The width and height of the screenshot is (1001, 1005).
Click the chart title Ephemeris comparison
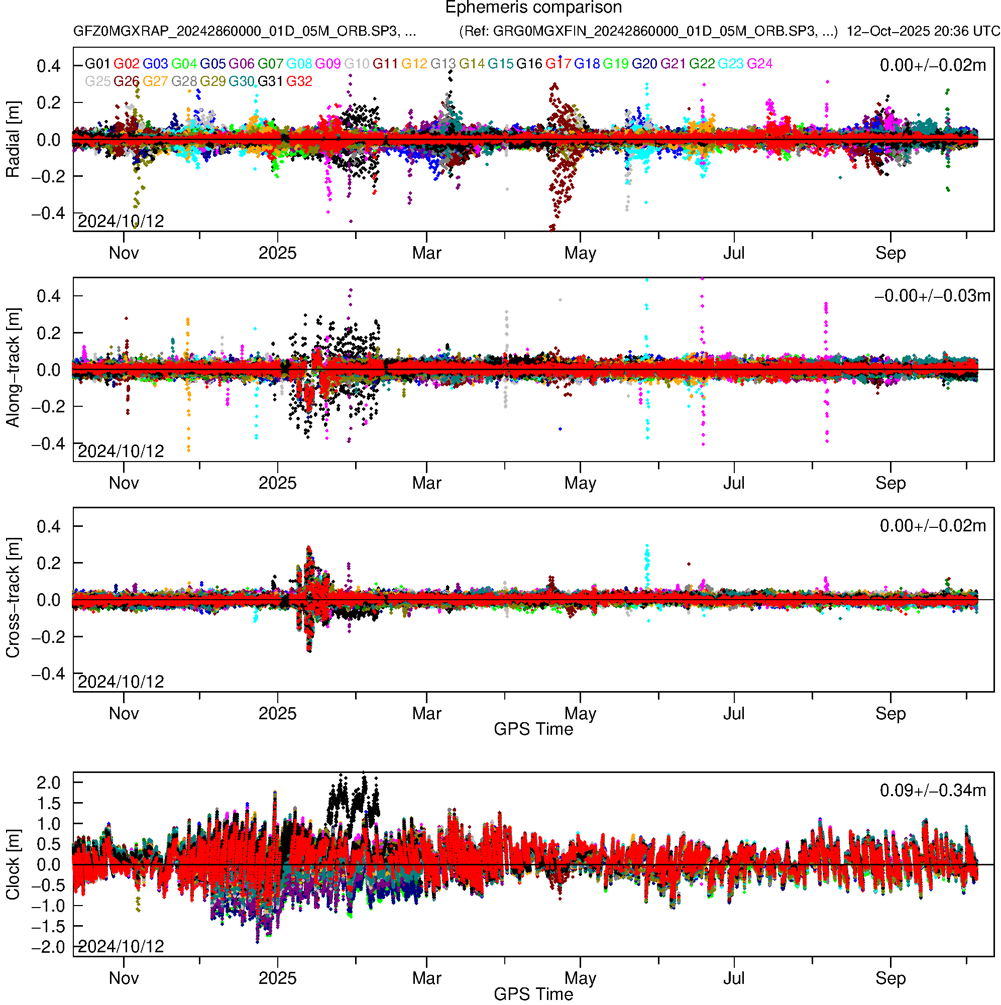tap(533, 8)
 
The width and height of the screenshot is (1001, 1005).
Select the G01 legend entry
tap(97, 64)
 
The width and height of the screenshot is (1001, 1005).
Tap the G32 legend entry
tap(299, 82)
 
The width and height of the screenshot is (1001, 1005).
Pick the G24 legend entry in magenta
tap(759, 64)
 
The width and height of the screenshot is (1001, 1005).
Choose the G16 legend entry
tap(529, 64)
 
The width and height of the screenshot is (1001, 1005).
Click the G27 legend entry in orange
tap(155, 82)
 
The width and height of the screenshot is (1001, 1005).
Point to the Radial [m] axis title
tap(13, 140)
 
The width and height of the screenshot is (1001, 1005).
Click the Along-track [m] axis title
tap(13, 368)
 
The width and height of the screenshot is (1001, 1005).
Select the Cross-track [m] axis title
tap(13, 598)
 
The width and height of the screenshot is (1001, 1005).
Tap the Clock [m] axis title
tap(13, 864)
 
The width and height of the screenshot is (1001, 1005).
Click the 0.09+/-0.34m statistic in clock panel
tap(932, 791)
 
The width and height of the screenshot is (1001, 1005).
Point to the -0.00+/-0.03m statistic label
tap(932, 296)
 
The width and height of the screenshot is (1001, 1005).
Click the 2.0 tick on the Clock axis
tap(48, 783)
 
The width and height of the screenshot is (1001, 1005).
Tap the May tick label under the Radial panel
tap(580, 253)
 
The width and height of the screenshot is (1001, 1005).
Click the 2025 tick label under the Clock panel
tap(277, 978)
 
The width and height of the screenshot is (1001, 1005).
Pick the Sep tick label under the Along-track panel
tap(890, 483)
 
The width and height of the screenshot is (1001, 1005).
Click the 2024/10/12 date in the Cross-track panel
tap(121, 682)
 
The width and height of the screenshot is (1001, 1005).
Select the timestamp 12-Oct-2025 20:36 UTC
tap(923, 31)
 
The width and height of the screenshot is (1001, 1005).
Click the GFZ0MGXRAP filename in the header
tap(245, 31)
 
